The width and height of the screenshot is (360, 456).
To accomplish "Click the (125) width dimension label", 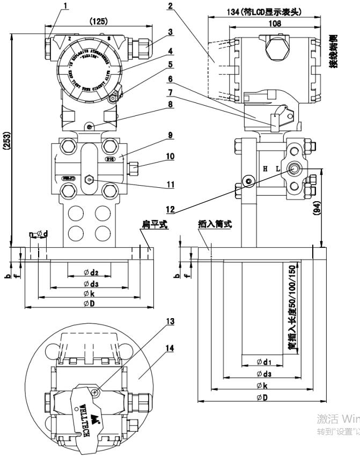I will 98,21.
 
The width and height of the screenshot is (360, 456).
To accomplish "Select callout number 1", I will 66,6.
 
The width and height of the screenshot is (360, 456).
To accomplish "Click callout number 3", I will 170,32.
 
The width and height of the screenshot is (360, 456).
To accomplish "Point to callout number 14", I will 170,348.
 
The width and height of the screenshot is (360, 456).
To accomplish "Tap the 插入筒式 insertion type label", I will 210,226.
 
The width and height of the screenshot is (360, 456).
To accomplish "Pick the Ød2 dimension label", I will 89,273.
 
